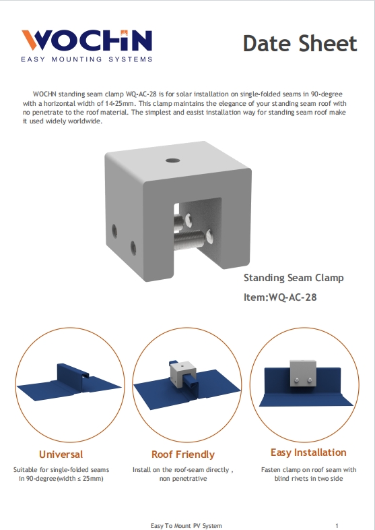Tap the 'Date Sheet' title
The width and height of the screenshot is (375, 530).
[300, 44]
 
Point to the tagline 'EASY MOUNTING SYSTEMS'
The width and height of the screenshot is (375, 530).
[87, 59]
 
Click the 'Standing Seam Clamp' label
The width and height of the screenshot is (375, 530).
[294, 278]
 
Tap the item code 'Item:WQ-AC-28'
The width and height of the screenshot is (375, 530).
[280, 297]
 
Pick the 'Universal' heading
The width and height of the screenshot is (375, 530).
[61, 454]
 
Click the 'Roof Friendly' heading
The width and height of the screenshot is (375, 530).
[183, 454]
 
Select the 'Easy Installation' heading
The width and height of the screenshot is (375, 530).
[308, 452]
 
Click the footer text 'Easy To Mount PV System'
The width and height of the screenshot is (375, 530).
[186, 525]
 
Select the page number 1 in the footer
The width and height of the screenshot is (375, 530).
[336, 525]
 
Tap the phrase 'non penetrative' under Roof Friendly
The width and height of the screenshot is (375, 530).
[183, 478]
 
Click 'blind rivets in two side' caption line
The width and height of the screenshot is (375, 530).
[308, 478]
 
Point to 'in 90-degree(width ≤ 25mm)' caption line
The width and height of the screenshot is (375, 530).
[61, 478]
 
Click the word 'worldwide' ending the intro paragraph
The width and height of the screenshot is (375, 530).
[86, 122]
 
